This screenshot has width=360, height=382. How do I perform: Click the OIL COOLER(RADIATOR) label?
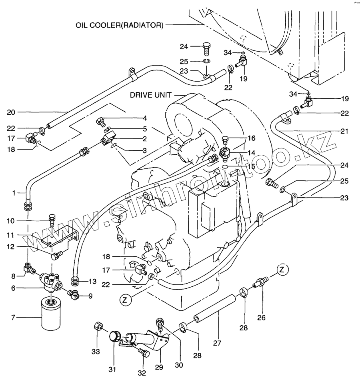119,25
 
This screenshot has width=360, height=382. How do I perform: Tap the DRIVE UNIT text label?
150,95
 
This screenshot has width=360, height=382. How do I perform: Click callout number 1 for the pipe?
14,193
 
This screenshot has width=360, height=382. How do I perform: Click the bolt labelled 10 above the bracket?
50,219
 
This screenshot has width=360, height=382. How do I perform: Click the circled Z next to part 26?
282,270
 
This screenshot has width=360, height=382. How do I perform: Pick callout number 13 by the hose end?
92,282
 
